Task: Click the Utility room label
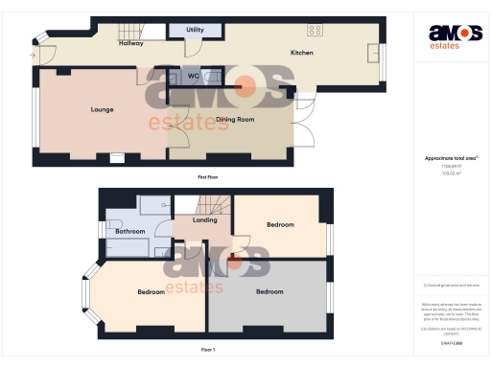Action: coord(195,31)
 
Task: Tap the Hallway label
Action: coord(130,44)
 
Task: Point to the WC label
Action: coord(193,76)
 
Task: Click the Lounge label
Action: coord(103,109)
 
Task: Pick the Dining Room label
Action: coord(234,119)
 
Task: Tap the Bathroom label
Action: coord(130,231)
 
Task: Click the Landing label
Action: coord(204,220)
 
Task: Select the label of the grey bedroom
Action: coord(269,290)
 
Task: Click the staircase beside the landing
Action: coord(213,204)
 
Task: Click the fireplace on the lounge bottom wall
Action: coord(117,157)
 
